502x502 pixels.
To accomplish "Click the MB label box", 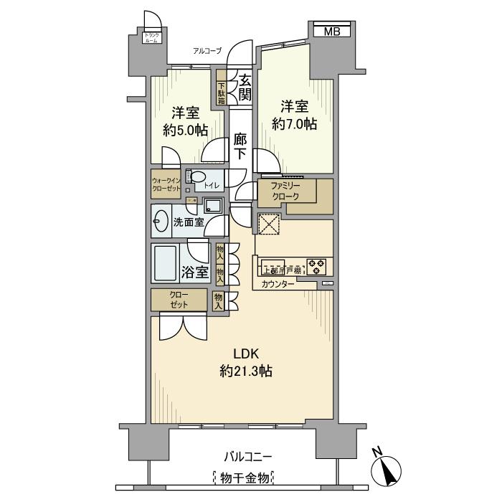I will (x=331, y=31).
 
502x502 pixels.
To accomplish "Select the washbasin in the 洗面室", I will (x=160, y=223).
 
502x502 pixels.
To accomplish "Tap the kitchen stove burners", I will (x=317, y=267).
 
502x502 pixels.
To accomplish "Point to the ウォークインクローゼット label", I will (x=165, y=184).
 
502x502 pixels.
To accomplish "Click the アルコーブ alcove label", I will (x=207, y=50).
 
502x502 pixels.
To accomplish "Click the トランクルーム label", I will (x=152, y=38).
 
